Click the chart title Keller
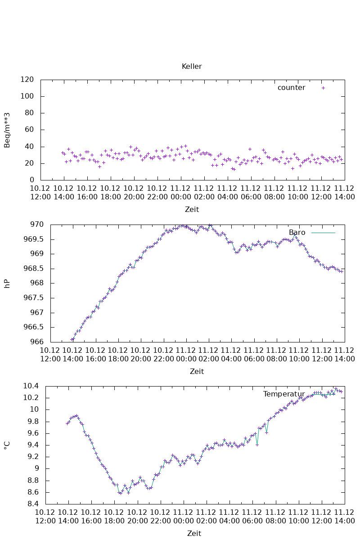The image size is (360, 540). (x=192, y=67)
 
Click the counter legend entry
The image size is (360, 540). (x=291, y=88)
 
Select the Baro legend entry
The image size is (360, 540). (x=297, y=233)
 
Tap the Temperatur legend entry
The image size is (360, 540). (x=284, y=394)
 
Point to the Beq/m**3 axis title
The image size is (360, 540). (x=7, y=130)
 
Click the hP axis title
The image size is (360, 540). (x=7, y=283)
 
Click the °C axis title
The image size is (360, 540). (x=7, y=445)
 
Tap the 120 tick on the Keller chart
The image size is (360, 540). (x=28, y=80)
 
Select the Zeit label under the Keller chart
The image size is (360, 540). (x=192, y=209)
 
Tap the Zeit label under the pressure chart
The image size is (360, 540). (x=197, y=371)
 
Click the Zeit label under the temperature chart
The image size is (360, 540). (x=194, y=533)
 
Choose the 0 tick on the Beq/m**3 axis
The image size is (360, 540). (x=32, y=180)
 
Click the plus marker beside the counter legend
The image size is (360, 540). (x=323, y=88)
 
